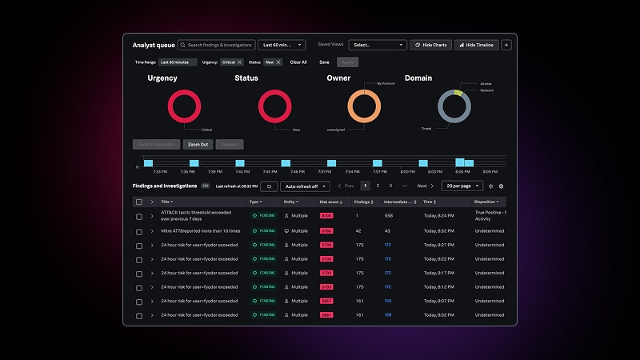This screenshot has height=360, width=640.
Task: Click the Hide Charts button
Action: coord(430,45)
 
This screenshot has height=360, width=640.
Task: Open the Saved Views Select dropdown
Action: coord(378,45)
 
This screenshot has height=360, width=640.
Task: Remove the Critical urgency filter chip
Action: coord(239,62)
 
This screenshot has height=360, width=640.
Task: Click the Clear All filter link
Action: coord(298,62)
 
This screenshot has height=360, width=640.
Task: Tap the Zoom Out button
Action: coord(198,145)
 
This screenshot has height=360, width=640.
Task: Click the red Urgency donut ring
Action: coord(184,94)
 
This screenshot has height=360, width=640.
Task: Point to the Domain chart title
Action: coord(418,78)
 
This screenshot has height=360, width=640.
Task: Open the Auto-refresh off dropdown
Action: coord(305,186)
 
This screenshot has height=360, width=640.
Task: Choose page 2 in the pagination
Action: coord(378,186)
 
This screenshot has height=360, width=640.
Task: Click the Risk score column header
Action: coord(330,202)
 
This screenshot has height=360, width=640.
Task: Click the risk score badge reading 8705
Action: coord(326,216)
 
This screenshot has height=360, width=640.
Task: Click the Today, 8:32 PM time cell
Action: coord(438,230)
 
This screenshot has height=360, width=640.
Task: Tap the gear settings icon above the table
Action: coord(502,186)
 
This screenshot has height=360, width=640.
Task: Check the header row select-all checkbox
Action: coord(139,202)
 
